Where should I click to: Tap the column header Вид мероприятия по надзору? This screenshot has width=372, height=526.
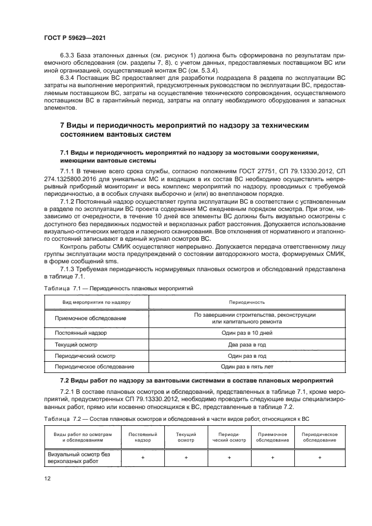click(x=95, y=303)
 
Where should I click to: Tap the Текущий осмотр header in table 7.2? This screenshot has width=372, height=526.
click(x=186, y=437)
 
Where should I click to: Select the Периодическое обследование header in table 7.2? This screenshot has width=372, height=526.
click(x=319, y=437)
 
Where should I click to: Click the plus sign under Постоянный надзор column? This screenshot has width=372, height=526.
click(x=143, y=457)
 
